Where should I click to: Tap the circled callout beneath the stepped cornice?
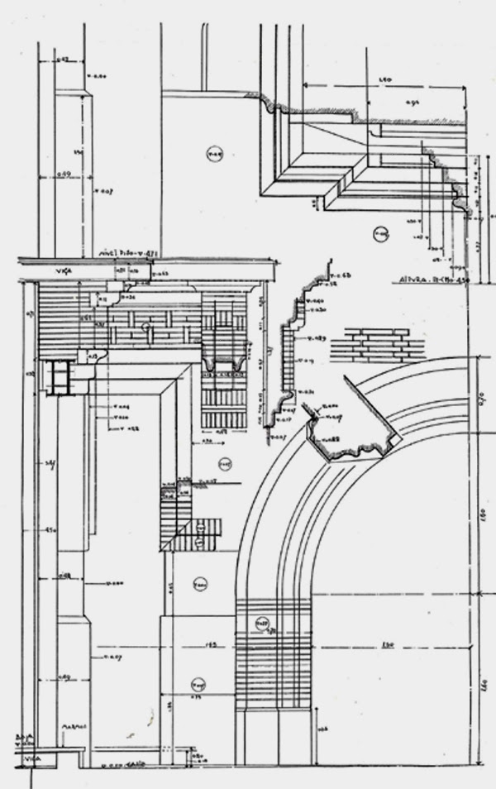point(380,234)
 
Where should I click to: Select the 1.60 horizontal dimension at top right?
point(384,79)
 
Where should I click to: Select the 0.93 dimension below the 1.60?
point(413,103)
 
